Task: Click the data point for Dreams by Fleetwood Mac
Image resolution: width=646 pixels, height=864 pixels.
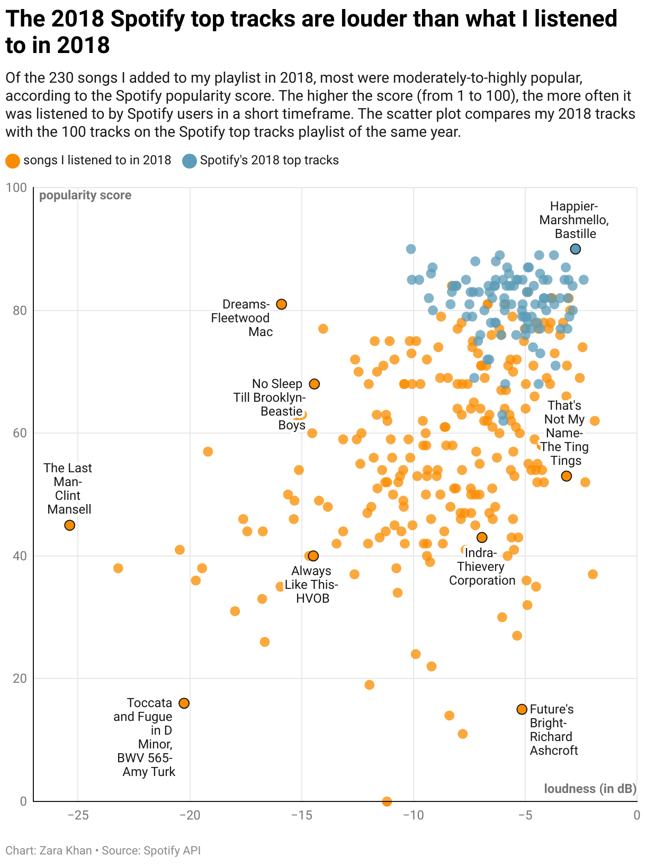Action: tap(282, 304)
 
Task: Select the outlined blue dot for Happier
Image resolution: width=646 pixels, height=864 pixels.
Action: tap(576, 249)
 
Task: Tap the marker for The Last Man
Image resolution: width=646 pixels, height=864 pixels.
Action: tap(69, 525)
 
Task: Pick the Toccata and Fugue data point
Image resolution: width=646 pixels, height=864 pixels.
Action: tap(184, 703)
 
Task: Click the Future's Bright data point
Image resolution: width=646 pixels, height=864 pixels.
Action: tap(522, 709)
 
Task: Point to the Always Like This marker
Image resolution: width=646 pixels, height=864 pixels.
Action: tap(313, 556)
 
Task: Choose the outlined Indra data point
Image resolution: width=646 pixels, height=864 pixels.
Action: tap(482, 537)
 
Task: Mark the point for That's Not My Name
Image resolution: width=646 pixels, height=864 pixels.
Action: tap(567, 477)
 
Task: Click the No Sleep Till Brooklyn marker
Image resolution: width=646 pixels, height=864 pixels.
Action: tap(315, 384)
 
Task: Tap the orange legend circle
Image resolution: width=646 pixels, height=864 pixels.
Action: tap(13, 161)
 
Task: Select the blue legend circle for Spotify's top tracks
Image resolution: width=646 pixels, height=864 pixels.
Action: tap(189, 161)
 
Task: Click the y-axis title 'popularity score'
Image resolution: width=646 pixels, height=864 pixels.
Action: tap(85, 196)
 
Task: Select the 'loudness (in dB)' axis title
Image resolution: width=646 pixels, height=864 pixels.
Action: tap(590, 789)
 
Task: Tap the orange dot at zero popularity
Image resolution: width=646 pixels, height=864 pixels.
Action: tap(387, 801)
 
